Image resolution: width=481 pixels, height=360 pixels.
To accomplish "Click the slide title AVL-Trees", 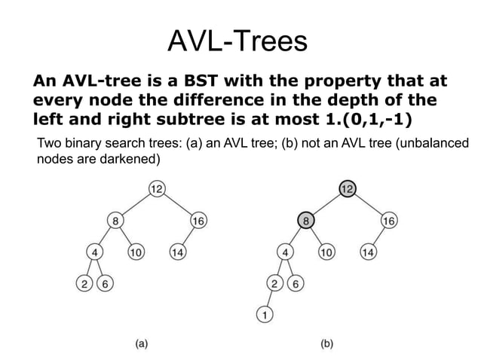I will click(x=237, y=41).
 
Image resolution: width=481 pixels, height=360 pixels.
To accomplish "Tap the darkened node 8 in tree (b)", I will click(x=305, y=221).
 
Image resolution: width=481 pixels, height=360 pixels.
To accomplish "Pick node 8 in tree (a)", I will click(x=115, y=221).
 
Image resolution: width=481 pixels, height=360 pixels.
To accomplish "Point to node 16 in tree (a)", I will click(x=198, y=221).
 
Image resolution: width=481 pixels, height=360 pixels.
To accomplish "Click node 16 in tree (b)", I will click(x=389, y=221).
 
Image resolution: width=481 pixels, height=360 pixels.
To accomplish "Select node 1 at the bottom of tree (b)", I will click(x=264, y=315).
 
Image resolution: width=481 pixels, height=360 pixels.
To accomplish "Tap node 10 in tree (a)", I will click(x=136, y=252).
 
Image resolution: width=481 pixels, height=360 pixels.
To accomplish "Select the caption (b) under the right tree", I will click(x=328, y=343).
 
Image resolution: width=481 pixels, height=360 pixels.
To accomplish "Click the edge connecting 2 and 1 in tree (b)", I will click(x=268, y=299).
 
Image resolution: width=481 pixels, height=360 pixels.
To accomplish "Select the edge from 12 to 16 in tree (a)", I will click(x=178, y=205).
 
